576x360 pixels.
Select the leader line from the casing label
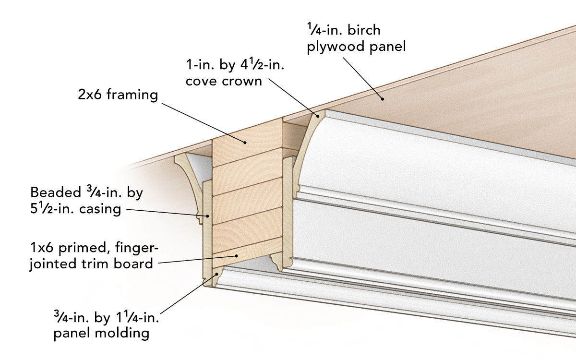168,213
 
